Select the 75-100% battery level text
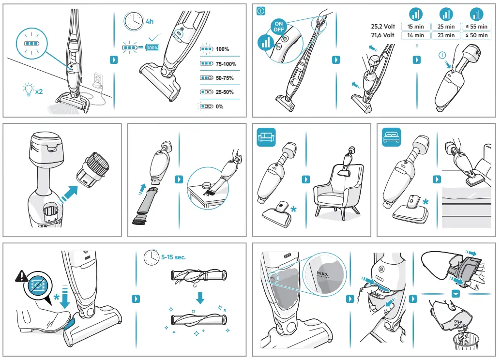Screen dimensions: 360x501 coord(226,63)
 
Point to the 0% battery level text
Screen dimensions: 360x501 coord(219,106)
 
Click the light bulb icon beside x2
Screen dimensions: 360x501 coord(29,89)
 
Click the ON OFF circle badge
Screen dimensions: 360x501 coord(279,26)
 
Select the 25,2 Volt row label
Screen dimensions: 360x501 coord(382,27)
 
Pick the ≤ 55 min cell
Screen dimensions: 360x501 coord(476,27)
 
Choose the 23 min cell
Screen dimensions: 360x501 coord(446,35)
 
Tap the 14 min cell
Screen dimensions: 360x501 coord(415,35)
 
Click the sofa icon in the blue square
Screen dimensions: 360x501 coord(266,137)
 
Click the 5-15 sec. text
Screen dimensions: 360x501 coord(173,257)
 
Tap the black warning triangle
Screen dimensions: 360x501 coord(21,276)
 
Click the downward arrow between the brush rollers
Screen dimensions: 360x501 coord(200,298)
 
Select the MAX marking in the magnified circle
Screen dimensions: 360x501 coord(322,274)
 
